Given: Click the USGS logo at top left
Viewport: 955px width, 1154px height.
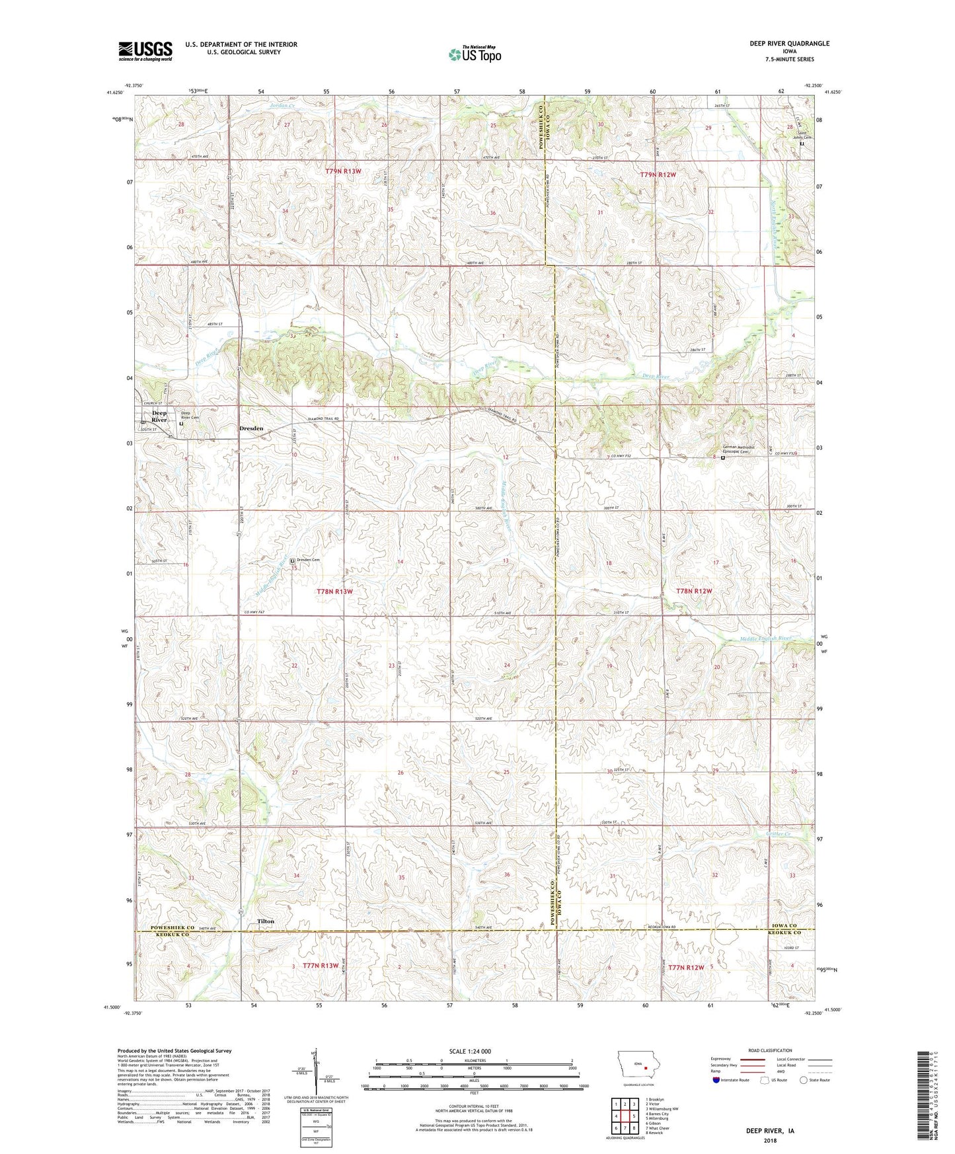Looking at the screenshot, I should tap(145, 51).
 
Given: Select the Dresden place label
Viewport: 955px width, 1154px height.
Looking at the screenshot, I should tap(251, 428).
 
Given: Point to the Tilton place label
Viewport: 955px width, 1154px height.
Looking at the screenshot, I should tap(266, 921).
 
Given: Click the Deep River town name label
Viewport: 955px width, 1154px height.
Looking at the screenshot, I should tap(159, 416).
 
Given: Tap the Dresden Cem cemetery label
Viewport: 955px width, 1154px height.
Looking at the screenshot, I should tap(308, 560).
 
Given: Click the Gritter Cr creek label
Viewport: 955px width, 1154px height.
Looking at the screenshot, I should tap(779, 834).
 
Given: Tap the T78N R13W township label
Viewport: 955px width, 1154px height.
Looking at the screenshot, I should tap(334, 592).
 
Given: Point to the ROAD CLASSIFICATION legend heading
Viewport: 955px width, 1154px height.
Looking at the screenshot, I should tap(770, 1050).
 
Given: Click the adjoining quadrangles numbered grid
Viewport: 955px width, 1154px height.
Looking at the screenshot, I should tap(625, 1114).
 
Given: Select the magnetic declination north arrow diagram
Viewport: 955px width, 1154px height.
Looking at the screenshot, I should tap(312, 1074).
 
